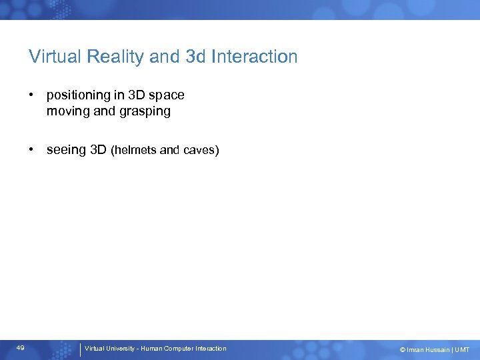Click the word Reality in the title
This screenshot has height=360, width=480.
[x=119, y=57]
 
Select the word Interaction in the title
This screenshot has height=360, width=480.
[x=254, y=57]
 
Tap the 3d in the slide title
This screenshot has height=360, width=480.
[x=195, y=57]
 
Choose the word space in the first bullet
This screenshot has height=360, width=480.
[x=167, y=95]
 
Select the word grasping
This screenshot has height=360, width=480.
[x=145, y=111]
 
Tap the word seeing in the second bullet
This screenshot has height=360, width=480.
[x=67, y=150]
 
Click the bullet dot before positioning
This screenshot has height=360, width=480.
[x=31, y=95]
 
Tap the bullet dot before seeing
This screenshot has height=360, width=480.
[x=31, y=150]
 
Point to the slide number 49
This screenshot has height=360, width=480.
[x=21, y=348]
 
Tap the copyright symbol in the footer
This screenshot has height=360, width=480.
[x=402, y=350]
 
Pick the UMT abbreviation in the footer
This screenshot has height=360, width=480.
[x=462, y=350]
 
